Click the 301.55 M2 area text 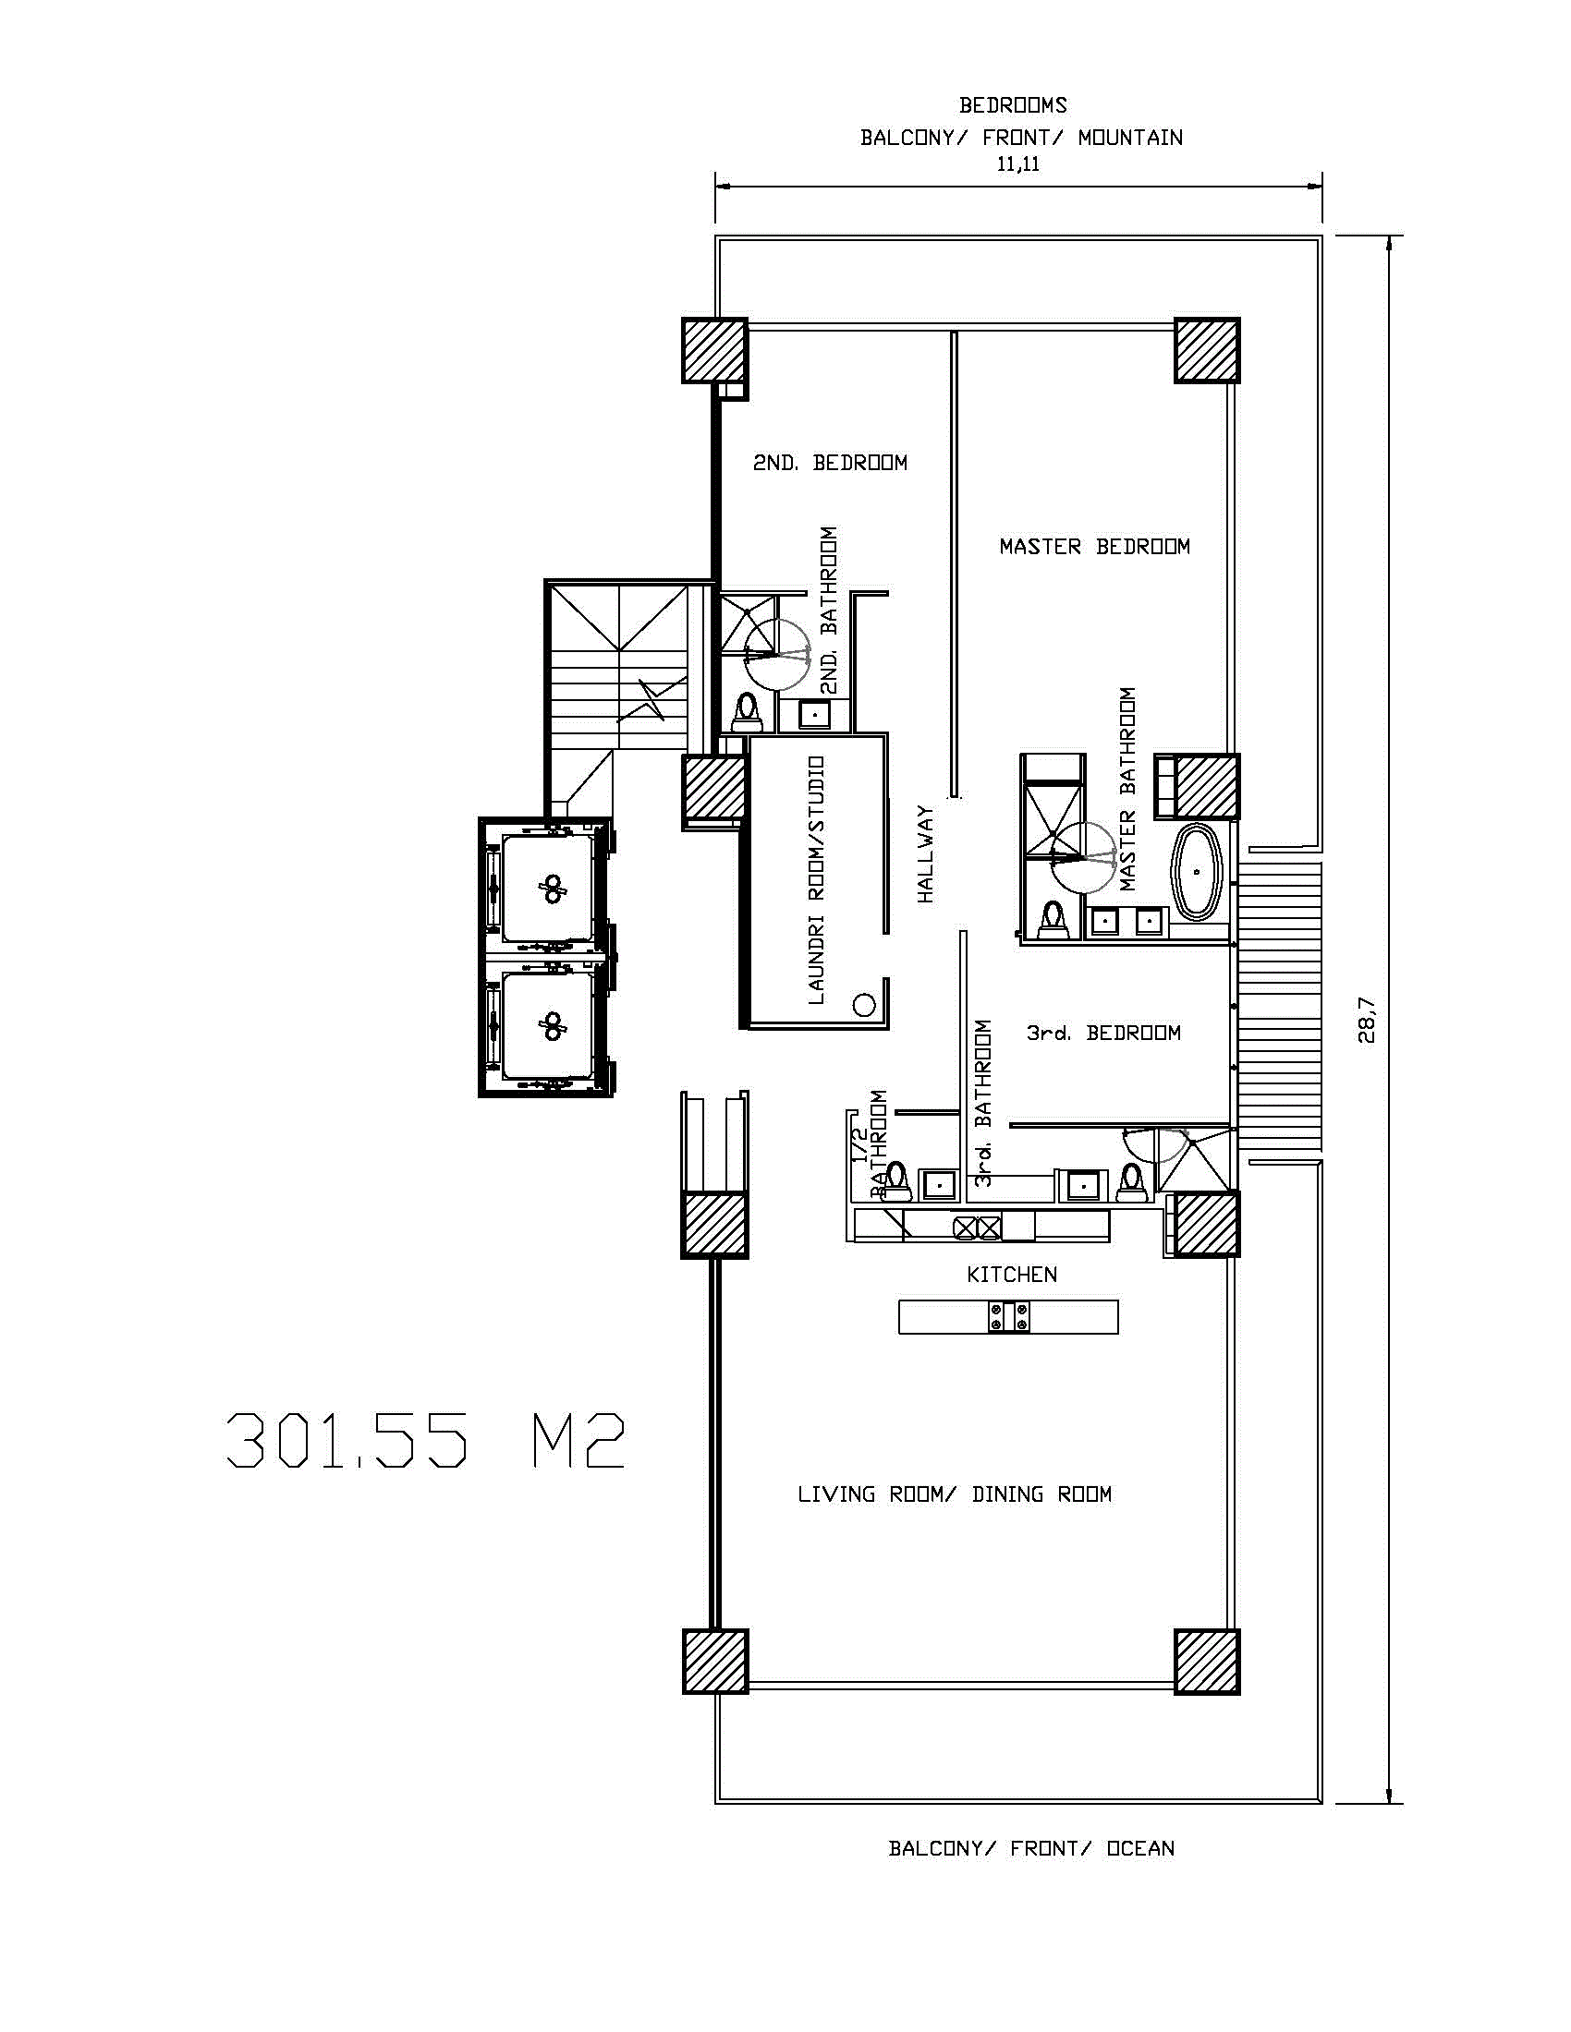click(425, 1441)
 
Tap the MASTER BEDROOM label click(1094, 546)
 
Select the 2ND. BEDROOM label click(830, 463)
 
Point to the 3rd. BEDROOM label click(1103, 1033)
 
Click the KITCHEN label click(1012, 1275)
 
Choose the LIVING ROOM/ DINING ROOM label click(955, 1494)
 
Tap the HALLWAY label click(925, 854)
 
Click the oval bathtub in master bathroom click(1198, 872)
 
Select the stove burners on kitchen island click(1009, 1317)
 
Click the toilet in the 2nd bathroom click(747, 713)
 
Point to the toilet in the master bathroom click(1053, 918)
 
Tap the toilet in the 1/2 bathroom click(896, 1178)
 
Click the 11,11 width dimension click(1018, 164)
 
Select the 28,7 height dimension click(1365, 1020)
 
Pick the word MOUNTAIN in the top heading click(1131, 138)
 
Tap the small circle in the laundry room click(864, 1005)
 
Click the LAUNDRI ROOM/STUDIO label click(816, 880)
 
